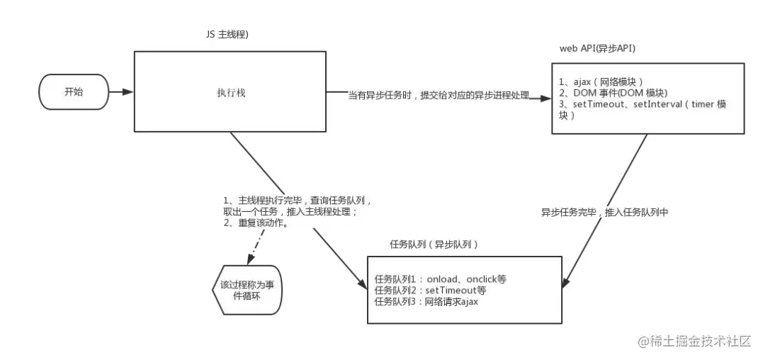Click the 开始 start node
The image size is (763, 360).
(73, 91)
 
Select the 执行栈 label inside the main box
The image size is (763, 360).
(227, 92)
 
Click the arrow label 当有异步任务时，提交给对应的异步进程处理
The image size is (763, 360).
(438, 95)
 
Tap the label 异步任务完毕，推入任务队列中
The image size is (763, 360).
(605, 212)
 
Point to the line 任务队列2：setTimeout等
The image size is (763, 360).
(431, 291)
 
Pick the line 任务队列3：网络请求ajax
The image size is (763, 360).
(428, 302)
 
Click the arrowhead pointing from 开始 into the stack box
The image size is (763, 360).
(128, 91)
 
